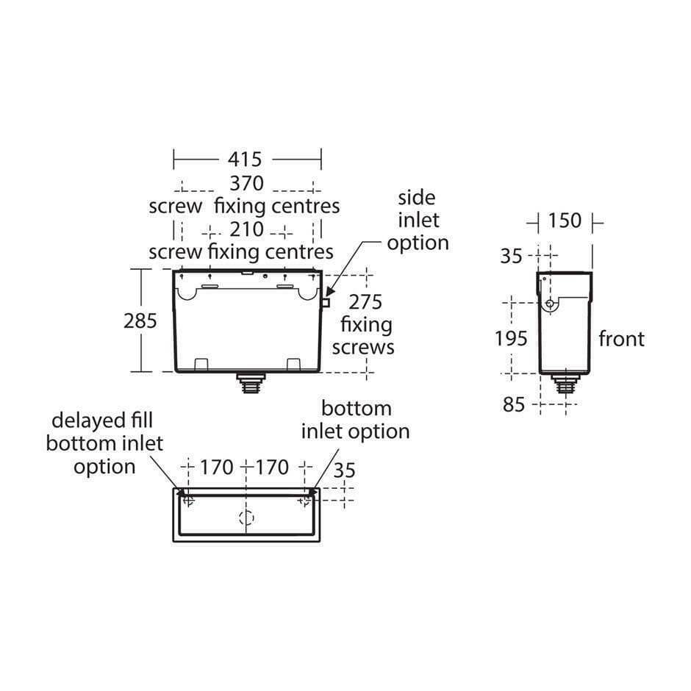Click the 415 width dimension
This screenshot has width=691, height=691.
(x=246, y=159)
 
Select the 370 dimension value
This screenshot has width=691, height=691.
(x=246, y=183)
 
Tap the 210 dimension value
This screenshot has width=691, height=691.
(x=246, y=229)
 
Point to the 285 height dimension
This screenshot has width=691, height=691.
(x=141, y=321)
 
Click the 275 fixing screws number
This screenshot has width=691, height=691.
(x=366, y=301)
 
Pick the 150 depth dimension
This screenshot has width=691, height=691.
(x=564, y=221)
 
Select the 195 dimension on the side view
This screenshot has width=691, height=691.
(x=512, y=338)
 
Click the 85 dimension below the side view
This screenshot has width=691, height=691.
(x=515, y=404)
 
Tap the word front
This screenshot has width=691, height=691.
(x=621, y=339)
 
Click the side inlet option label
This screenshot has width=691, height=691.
(x=418, y=220)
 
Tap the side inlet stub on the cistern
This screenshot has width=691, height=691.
(x=326, y=301)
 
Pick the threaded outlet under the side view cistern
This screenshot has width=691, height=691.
(x=564, y=383)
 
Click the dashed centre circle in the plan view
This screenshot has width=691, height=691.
(x=246, y=518)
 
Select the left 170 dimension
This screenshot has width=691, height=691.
(x=216, y=467)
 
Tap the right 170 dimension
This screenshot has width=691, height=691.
(x=272, y=467)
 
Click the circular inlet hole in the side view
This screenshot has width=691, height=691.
(x=549, y=304)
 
